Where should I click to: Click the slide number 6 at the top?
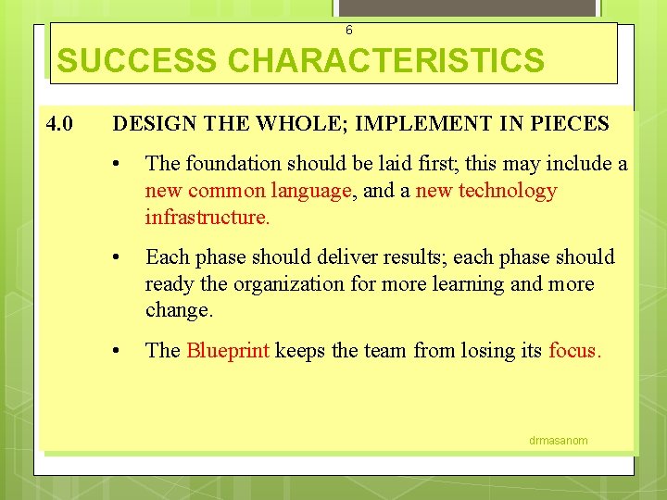(x=348, y=30)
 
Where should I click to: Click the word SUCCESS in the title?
(x=138, y=61)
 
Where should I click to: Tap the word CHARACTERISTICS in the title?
(x=386, y=61)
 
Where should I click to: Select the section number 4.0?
(x=63, y=123)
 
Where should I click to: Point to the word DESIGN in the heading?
(x=149, y=123)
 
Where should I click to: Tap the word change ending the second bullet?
(x=179, y=310)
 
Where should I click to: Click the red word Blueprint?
(x=228, y=350)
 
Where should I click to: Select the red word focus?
(x=574, y=350)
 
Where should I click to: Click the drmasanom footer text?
(x=558, y=441)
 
